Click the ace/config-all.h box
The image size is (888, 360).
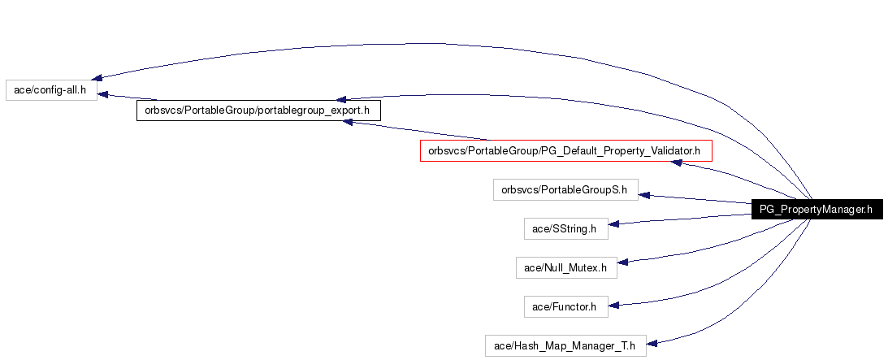pos(51,90)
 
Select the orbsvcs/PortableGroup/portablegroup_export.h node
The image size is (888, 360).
pos(258,111)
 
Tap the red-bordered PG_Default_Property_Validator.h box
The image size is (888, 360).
pos(565,151)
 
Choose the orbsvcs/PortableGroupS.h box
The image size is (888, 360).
pos(565,189)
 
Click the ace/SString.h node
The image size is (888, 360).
pos(565,228)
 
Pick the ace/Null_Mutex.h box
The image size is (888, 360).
pos(566,267)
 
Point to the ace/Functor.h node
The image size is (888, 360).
pos(565,306)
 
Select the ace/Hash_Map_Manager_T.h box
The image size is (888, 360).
pos(565,345)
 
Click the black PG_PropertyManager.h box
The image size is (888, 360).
pos(817,210)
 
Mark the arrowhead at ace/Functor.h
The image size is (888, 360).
pos(614,305)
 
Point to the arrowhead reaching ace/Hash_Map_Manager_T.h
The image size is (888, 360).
pos(652,343)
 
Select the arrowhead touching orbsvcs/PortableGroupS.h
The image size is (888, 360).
pos(644,195)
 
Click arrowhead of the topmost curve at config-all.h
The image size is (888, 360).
pos(97,77)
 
